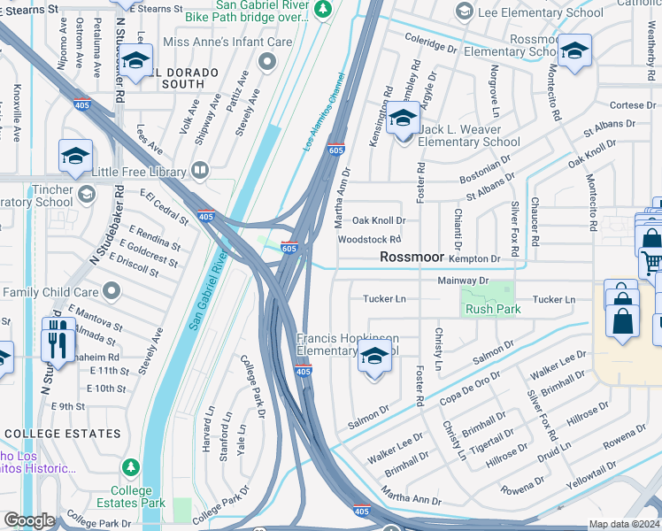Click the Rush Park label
pyautogui.click(x=492, y=309)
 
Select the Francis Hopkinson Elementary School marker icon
pyautogui.click(x=374, y=358)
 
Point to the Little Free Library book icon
pyautogui.click(x=201, y=169)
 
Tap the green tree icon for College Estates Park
pyautogui.click(x=131, y=466)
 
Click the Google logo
pyautogui.click(x=29, y=520)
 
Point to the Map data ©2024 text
pyautogui.click(x=625, y=524)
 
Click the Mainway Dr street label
pyautogui.click(x=463, y=281)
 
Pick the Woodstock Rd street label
pyautogui.click(x=369, y=239)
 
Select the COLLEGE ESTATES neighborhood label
pyautogui.click(x=62, y=434)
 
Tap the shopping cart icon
pyautogui.click(x=652, y=263)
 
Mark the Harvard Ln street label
pyautogui.click(x=210, y=429)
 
